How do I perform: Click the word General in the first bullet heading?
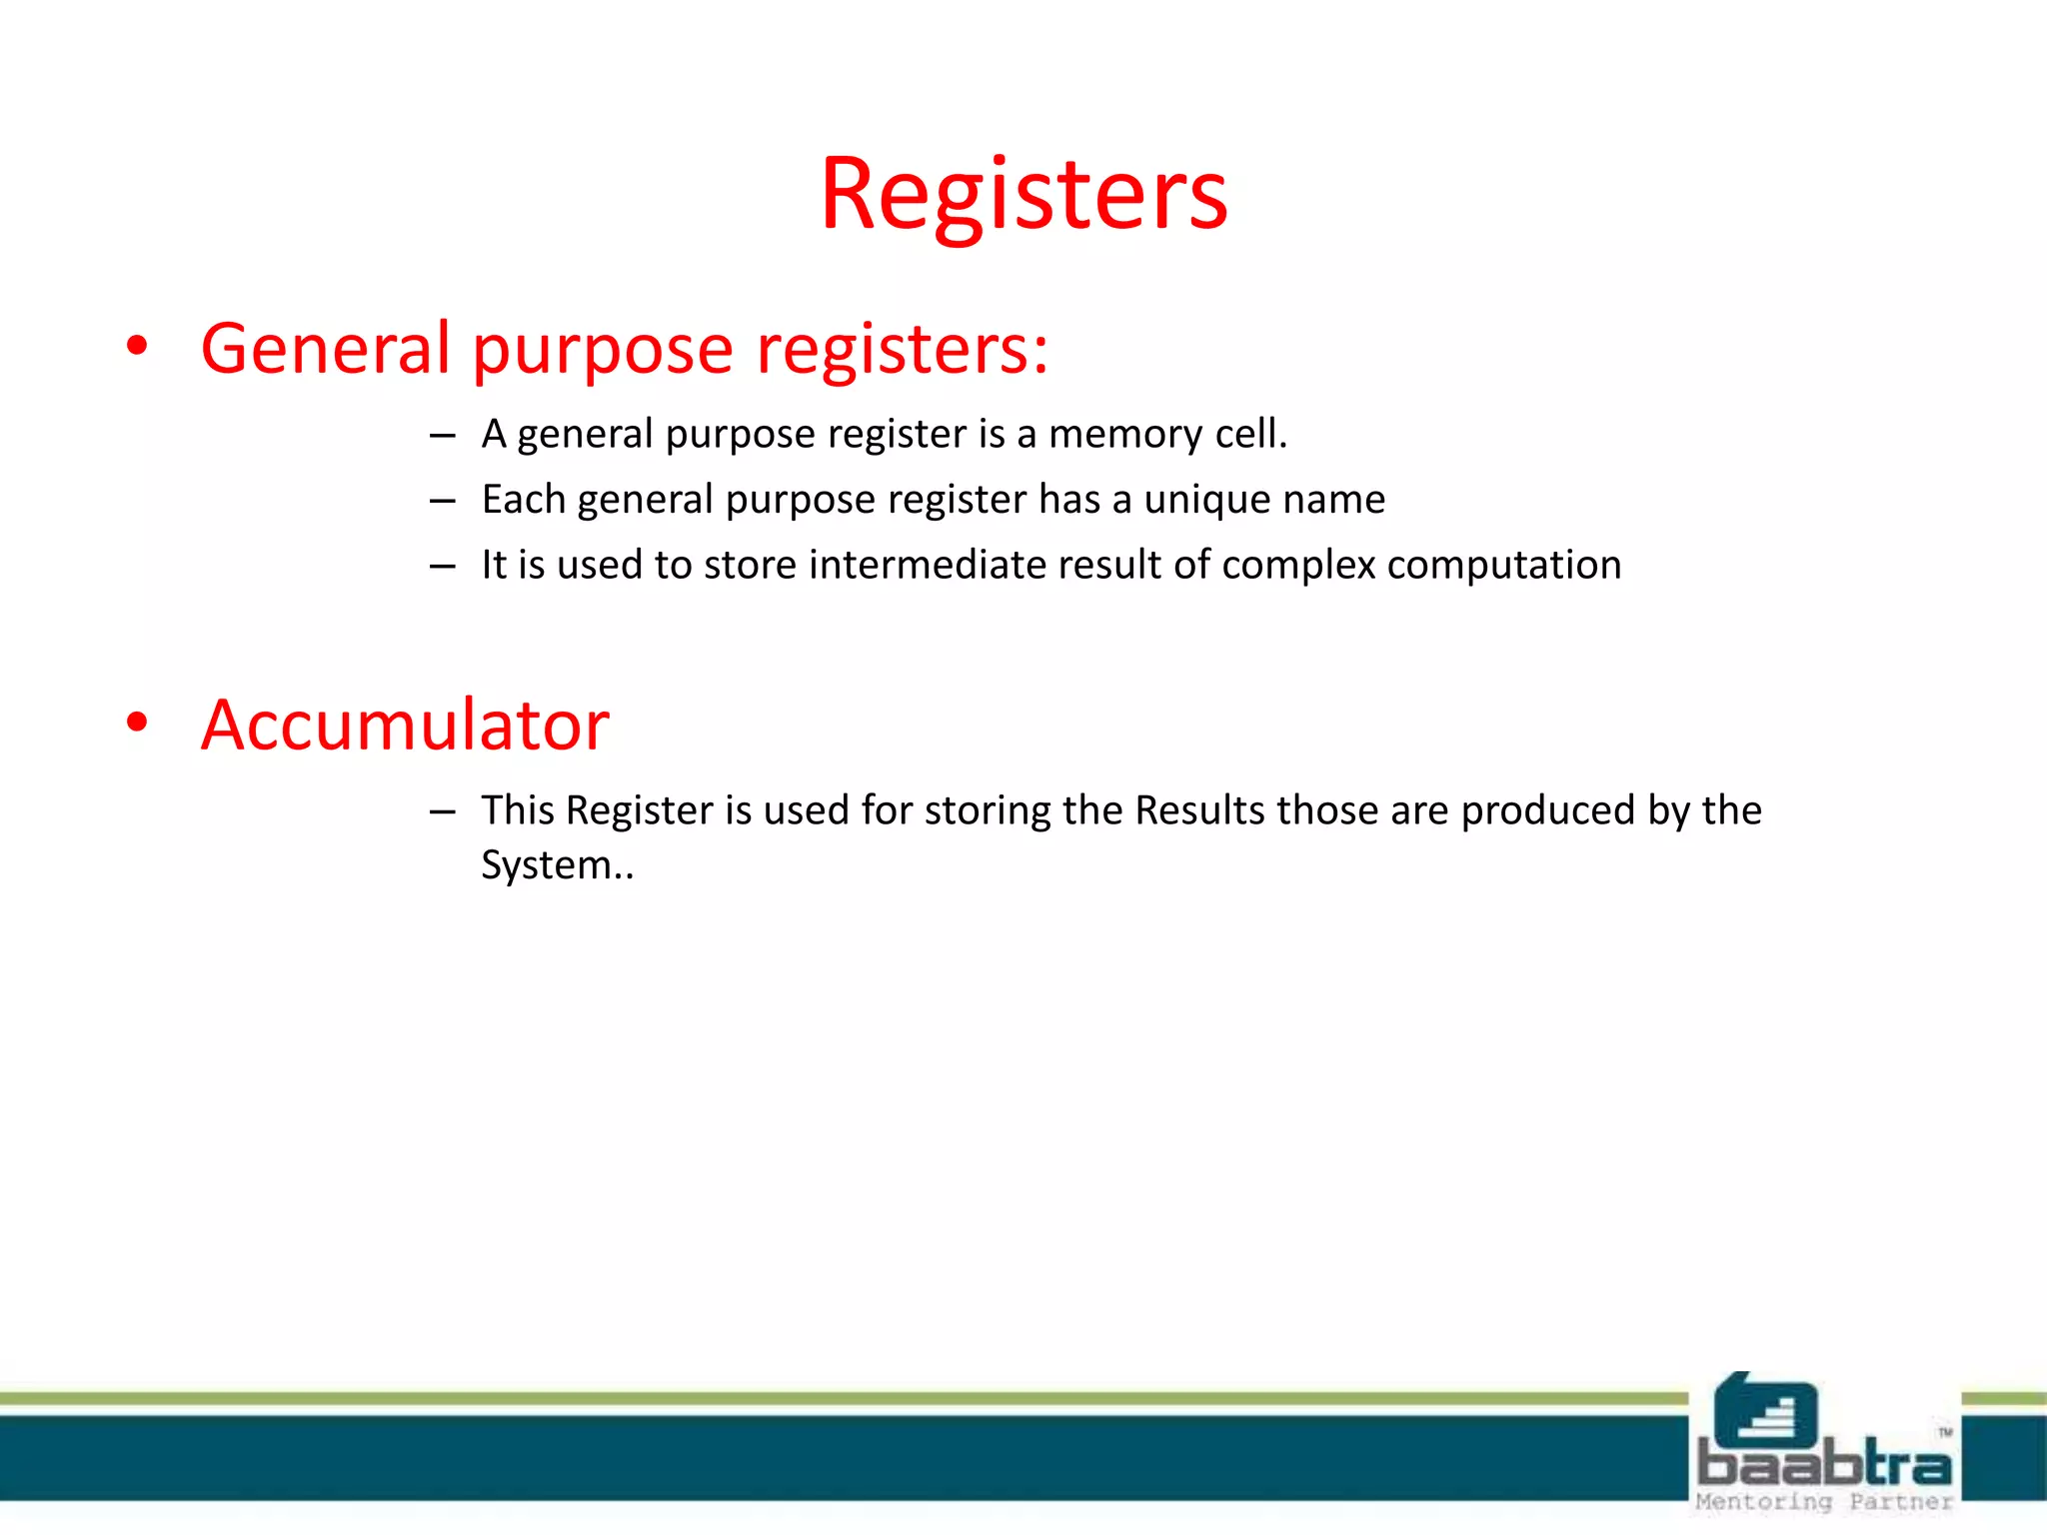326,349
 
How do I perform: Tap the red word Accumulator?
405,725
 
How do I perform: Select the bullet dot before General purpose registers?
137,347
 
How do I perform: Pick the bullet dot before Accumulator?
137,723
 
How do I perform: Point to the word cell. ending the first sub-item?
1250,435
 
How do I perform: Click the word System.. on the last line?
557,865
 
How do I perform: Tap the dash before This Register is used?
443,811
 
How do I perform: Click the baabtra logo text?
1823,1464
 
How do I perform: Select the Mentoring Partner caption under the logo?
1823,1502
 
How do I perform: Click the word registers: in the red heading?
903,349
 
